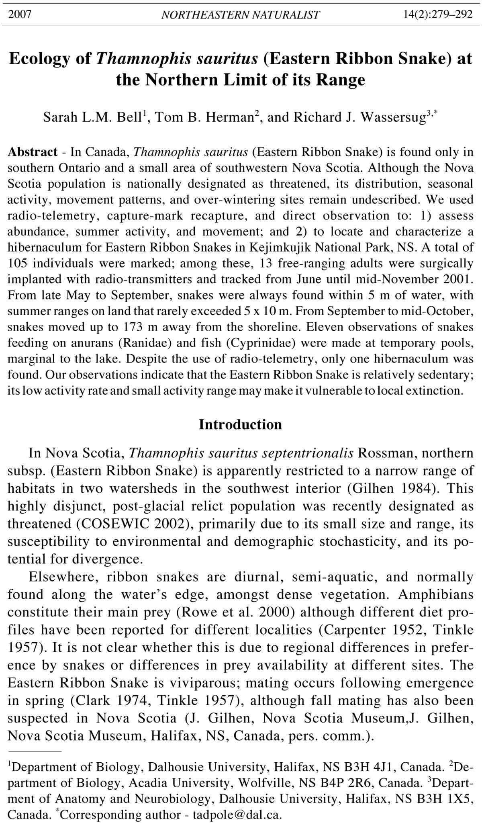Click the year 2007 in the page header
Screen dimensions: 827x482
(x=20, y=15)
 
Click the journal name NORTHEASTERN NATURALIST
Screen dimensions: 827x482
(x=240, y=15)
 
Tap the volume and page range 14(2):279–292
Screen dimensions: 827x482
(x=437, y=15)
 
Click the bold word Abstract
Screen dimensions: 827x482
(x=33, y=152)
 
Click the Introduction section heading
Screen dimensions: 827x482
(x=240, y=425)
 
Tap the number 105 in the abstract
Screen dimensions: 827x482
(x=18, y=263)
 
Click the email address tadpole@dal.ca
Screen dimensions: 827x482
(x=237, y=815)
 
